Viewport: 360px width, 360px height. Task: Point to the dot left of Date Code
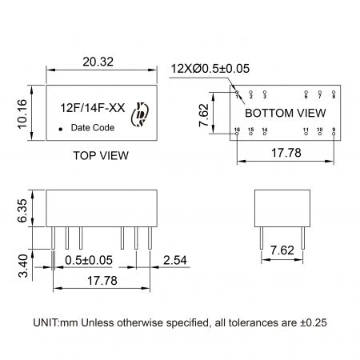pos(61,128)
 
